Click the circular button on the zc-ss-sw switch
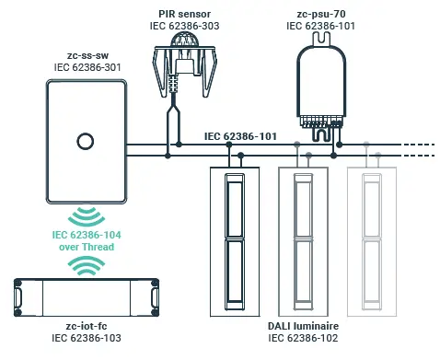click(x=85, y=143)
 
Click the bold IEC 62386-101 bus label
click(x=240, y=136)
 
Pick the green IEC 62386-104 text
click(x=87, y=236)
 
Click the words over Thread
click(x=87, y=248)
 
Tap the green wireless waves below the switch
click(x=87, y=217)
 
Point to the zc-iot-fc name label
click(x=87, y=327)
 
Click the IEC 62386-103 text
click(x=87, y=339)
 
